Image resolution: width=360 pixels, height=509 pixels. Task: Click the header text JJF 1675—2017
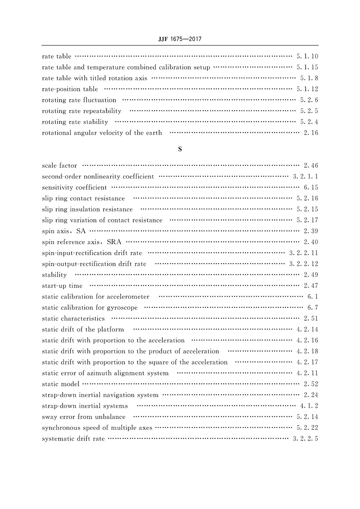pos(180,39)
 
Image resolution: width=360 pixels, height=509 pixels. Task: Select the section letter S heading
pos(180,149)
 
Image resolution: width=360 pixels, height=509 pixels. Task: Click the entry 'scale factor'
pos(59,166)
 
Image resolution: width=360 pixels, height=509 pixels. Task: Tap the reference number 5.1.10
pos(307,56)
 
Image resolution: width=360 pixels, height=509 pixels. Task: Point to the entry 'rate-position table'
pos(70,89)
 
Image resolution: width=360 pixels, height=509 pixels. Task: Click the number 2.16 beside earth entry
pos(311,133)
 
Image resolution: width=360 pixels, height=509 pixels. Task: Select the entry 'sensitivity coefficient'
pos(74,188)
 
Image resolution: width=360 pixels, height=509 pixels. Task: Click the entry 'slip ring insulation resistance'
pos(87,209)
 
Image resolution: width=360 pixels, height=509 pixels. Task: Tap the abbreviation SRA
pos(114,242)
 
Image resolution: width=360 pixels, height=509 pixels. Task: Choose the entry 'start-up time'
pos(62,286)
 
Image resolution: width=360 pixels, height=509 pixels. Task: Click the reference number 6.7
pos(312,307)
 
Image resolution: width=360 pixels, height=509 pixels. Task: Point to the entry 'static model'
pos(60,384)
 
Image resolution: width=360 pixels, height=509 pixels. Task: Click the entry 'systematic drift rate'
pos(73,438)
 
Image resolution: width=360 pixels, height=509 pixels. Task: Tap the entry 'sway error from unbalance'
pos(84,417)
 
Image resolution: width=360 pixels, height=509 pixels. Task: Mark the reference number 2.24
pos(311,395)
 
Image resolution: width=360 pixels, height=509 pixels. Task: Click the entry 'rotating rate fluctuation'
pos(79,100)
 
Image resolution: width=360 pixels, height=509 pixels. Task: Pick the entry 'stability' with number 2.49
pos(54,275)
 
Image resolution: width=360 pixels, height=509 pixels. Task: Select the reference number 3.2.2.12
pos(303,264)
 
